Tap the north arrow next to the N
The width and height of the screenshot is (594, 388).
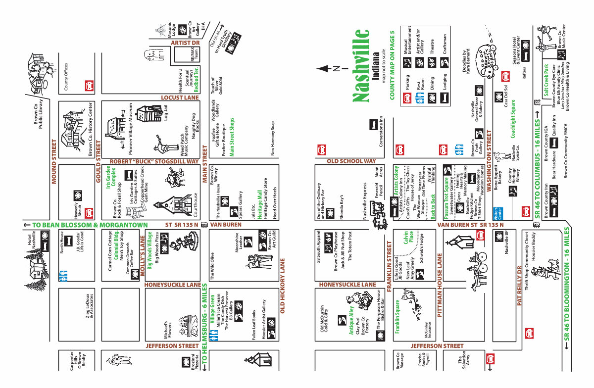pos(325,69)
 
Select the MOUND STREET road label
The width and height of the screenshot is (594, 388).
pos(55,161)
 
